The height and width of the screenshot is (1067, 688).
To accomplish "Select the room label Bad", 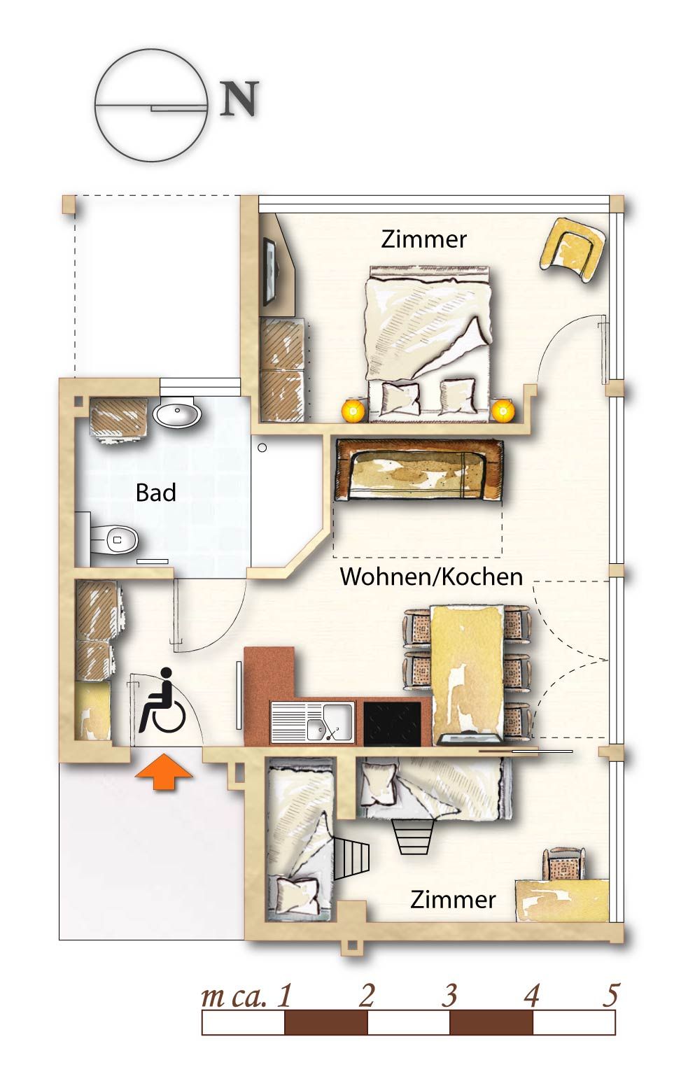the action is coord(156,492).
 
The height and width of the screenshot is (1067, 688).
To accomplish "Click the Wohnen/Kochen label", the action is coord(431,577).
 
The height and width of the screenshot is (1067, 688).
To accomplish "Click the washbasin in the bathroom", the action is coord(177,413).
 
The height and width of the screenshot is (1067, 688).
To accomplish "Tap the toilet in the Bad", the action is coord(114,539).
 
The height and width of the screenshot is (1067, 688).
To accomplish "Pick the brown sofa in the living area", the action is coord(419,469).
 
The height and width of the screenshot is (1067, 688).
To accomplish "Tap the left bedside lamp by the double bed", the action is coord(353,410).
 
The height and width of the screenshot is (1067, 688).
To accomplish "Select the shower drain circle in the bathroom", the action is coord(262,448).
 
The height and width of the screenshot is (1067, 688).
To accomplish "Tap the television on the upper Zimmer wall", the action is coord(270,271).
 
